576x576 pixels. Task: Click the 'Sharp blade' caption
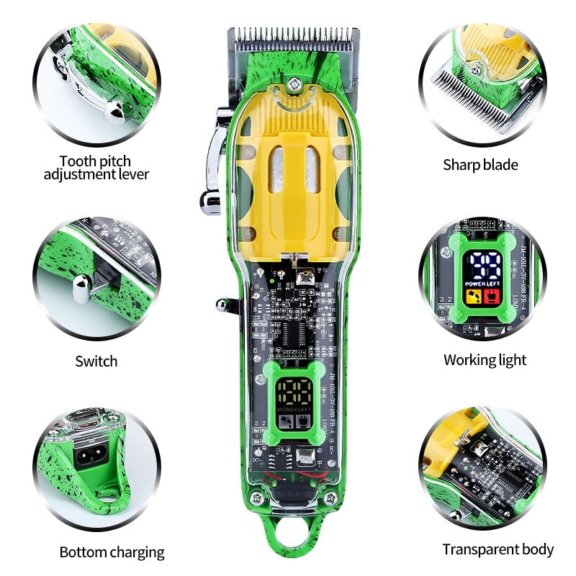pos(480,165)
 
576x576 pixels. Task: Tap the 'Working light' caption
pos(485,360)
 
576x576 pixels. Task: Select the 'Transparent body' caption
pos(498,550)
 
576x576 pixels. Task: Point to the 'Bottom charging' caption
pos(112,552)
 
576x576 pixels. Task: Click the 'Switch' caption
pos(96,361)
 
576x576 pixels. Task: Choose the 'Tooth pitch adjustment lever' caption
pos(96,168)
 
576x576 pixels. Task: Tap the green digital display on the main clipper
pos(292,396)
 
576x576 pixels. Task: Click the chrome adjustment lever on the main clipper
pos(212,162)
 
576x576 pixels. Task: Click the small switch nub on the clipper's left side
pos(225,305)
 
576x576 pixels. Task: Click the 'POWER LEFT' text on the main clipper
pos(292,412)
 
